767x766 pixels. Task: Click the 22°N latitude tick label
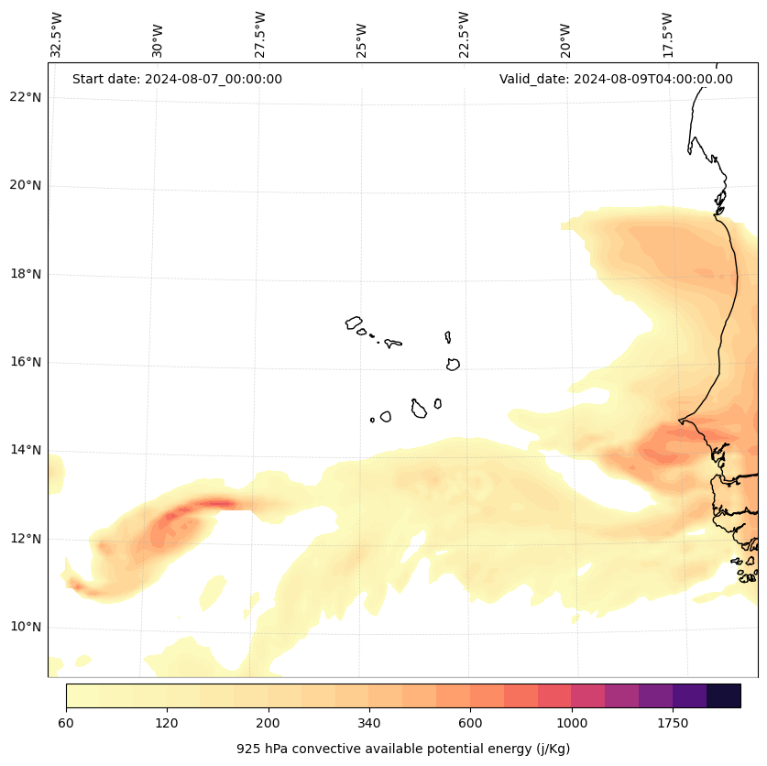pyautogui.click(x=26, y=97)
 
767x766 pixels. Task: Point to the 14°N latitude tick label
pyautogui.click(x=26, y=450)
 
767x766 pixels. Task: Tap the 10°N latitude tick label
pyautogui.click(x=26, y=627)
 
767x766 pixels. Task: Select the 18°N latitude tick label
pyautogui.click(x=26, y=274)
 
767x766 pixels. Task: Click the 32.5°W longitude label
pyautogui.click(x=57, y=35)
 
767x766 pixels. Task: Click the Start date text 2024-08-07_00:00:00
pyautogui.click(x=177, y=79)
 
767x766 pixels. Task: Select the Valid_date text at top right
pyautogui.click(x=616, y=79)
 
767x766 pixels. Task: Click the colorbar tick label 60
pyautogui.click(x=66, y=724)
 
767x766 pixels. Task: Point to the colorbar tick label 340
pyautogui.click(x=369, y=724)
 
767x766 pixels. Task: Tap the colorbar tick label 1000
pyautogui.click(x=572, y=724)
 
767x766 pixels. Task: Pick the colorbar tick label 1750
pyautogui.click(x=673, y=724)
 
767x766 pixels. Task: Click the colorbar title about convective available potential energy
pyautogui.click(x=403, y=749)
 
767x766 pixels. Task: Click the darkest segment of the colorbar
pyautogui.click(x=724, y=695)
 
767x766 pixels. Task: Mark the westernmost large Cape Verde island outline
pyautogui.click(x=354, y=323)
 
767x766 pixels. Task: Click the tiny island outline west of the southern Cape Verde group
pyautogui.click(x=372, y=420)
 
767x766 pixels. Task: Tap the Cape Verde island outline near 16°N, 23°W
pyautogui.click(x=453, y=364)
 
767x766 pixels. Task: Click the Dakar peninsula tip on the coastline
pyautogui.click(x=680, y=421)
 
